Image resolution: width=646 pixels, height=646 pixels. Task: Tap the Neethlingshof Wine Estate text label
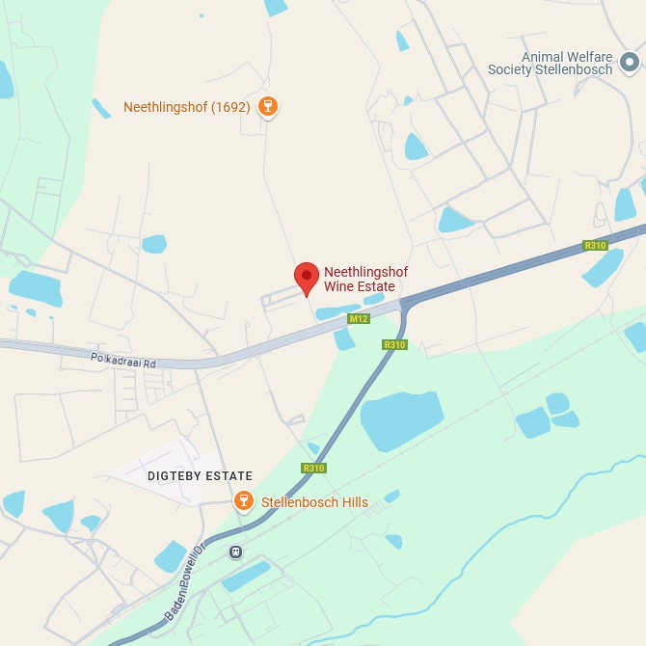pyautogui.click(x=365, y=280)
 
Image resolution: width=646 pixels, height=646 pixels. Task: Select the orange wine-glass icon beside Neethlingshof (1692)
pyautogui.click(x=269, y=107)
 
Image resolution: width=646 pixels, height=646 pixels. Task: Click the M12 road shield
pyautogui.click(x=359, y=318)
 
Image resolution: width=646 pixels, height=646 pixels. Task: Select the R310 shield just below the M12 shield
pyautogui.click(x=394, y=344)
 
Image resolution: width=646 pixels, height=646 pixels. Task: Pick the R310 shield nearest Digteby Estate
pyautogui.click(x=313, y=468)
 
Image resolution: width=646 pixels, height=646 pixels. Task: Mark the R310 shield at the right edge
pyautogui.click(x=595, y=246)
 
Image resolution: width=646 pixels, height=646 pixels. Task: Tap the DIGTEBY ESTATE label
pyautogui.click(x=200, y=476)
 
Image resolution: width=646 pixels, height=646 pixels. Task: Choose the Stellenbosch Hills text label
pyautogui.click(x=314, y=502)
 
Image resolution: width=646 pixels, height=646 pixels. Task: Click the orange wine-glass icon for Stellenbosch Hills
pyautogui.click(x=244, y=500)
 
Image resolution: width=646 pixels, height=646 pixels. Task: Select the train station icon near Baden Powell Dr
pyautogui.click(x=235, y=552)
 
